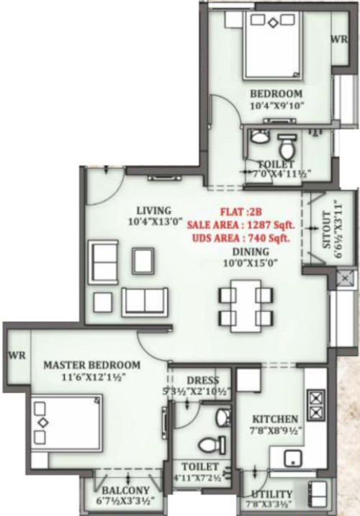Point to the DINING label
tap(250, 251)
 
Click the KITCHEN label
tap(274, 419)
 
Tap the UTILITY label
tap(272, 494)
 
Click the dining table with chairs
tap(245, 305)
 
